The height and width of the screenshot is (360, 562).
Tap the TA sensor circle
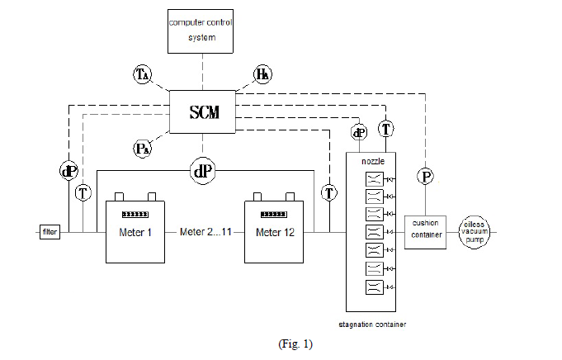point(143,75)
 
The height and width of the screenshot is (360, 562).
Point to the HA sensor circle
point(262,75)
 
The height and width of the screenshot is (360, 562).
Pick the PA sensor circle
point(142,149)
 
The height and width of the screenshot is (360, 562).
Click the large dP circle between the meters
point(202,171)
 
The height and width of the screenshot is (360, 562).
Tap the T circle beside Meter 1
point(83,193)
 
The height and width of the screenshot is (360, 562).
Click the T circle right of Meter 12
point(330,193)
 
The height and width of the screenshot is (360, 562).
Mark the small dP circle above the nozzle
point(359,132)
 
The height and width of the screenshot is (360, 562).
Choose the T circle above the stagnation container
point(386,128)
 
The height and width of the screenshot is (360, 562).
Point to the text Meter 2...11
point(205,231)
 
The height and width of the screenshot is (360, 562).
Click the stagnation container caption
point(372,324)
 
